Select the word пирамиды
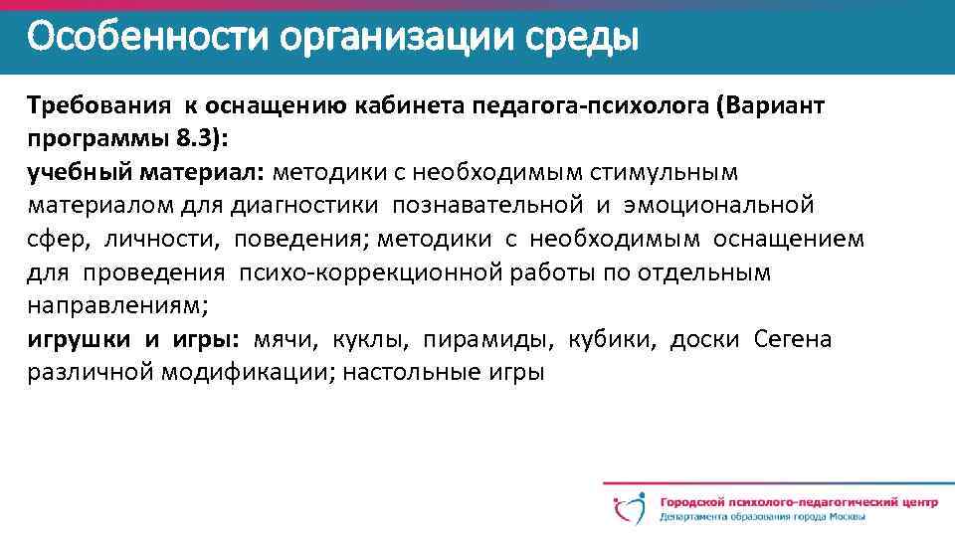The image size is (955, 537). point(486,340)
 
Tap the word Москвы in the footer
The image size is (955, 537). point(841,516)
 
